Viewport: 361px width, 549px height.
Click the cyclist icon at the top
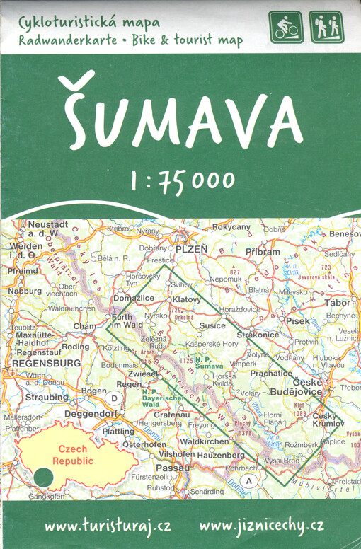[x=285, y=28]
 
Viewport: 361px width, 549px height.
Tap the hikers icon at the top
[x=326, y=28]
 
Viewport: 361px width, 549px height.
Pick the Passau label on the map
[x=173, y=468]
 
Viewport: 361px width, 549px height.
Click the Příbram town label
[x=263, y=251]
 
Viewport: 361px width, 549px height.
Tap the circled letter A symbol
[x=248, y=481]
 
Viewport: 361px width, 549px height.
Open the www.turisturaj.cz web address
[x=108, y=526]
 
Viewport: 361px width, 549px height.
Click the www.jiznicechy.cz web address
[x=261, y=526]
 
